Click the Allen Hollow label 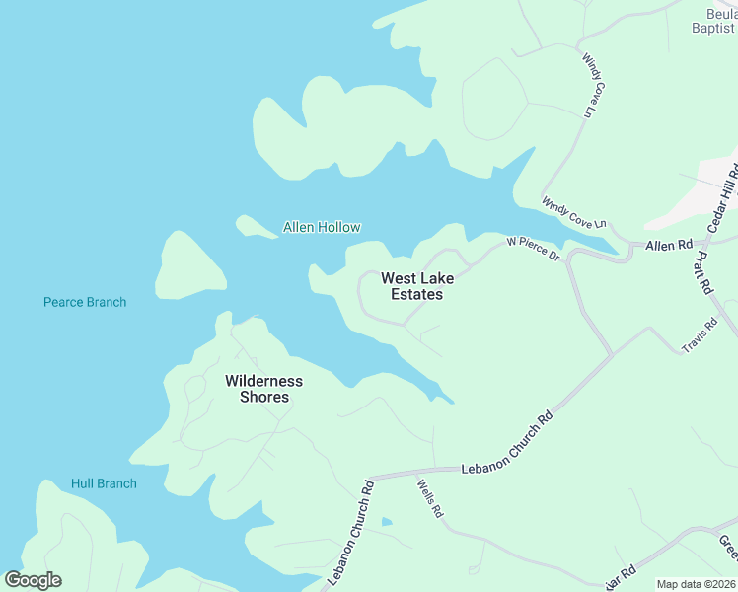[x=322, y=227]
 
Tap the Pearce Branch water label [x=85, y=302]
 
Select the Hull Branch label [x=104, y=483]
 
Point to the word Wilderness [x=263, y=381]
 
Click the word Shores [x=264, y=397]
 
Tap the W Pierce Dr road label [x=533, y=248]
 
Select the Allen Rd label [x=669, y=244]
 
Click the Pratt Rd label [x=702, y=272]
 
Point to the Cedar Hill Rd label [x=723, y=198]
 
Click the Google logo [x=33, y=580]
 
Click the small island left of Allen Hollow [x=256, y=227]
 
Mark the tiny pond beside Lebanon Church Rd [x=386, y=522]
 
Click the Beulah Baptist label [x=716, y=21]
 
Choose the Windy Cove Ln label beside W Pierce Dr [x=573, y=214]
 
